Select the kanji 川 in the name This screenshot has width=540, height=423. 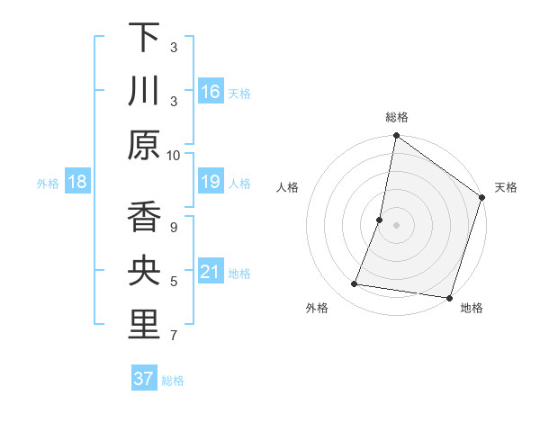click(x=144, y=91)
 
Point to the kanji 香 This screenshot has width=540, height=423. click(x=144, y=218)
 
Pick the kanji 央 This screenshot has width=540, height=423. click(x=144, y=272)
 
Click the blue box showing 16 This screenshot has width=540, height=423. click(x=211, y=92)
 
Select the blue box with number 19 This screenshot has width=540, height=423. click(x=211, y=183)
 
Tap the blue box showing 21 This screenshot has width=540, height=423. click(x=211, y=272)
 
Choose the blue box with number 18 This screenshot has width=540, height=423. click(x=77, y=183)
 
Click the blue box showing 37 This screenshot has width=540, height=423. click(x=144, y=379)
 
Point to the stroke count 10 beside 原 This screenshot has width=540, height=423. click(x=174, y=155)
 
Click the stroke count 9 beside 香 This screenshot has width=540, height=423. click(x=174, y=227)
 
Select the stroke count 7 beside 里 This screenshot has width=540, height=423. click(x=174, y=337)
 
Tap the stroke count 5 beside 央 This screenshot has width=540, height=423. click(x=174, y=282)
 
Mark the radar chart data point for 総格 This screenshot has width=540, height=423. click(x=396, y=137)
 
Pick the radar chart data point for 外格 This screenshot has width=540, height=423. click(x=355, y=284)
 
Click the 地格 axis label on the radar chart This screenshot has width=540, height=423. click(x=472, y=309)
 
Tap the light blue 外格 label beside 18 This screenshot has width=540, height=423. click(x=48, y=184)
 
